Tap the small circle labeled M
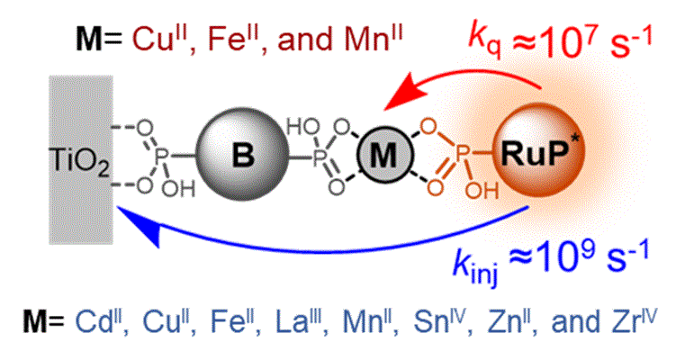tap(383, 155)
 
